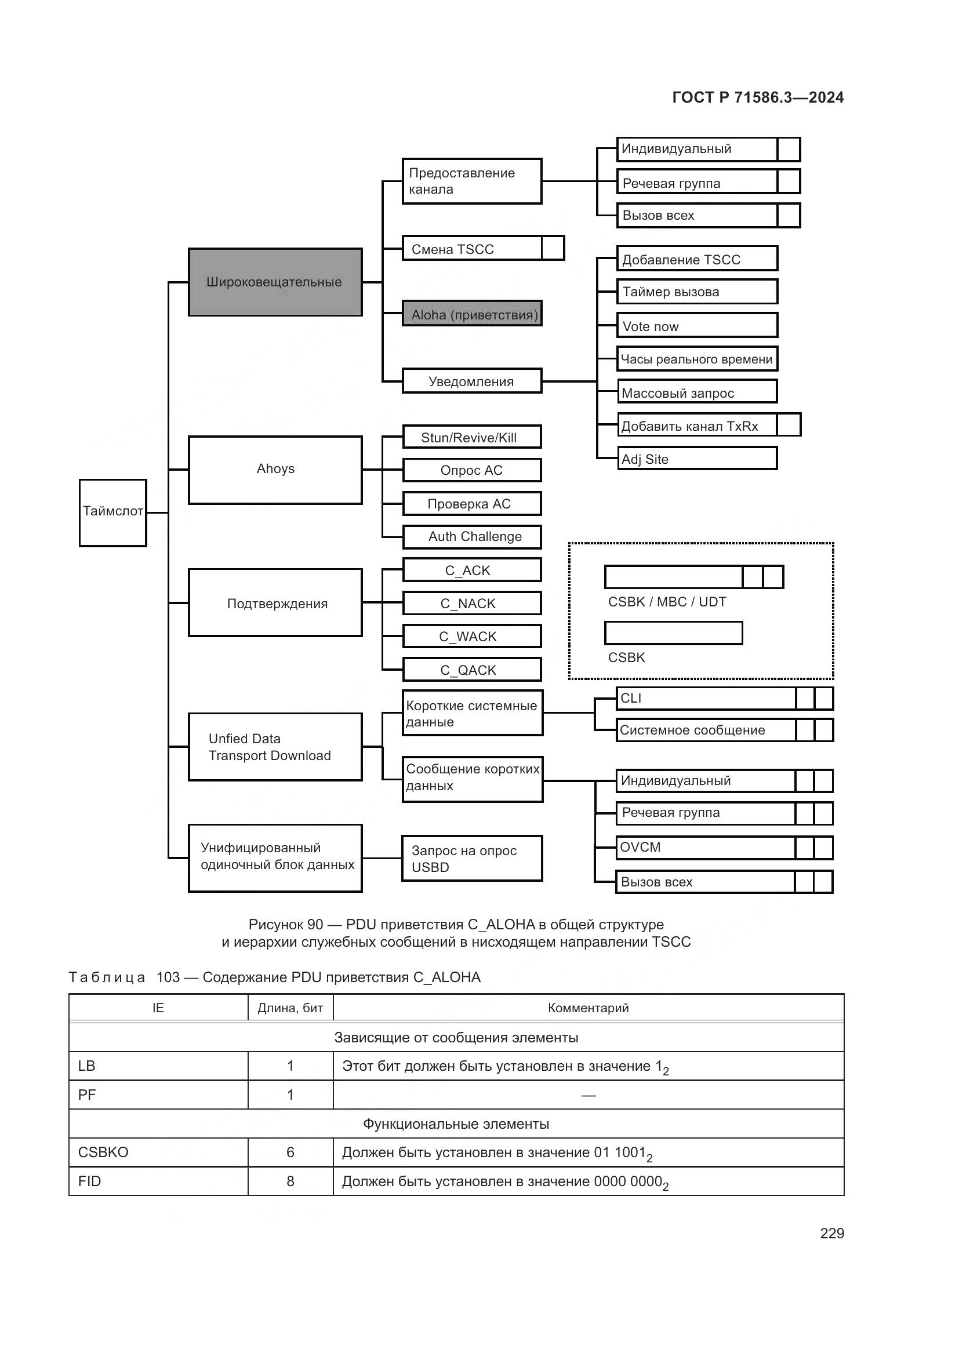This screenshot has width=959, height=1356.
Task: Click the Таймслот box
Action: (113, 512)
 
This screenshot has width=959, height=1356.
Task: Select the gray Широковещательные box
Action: (275, 282)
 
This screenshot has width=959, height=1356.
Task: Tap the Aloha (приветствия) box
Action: (472, 314)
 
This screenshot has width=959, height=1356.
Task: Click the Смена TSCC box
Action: (473, 248)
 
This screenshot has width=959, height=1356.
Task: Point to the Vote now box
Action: (697, 325)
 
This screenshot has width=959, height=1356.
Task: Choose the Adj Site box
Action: (697, 459)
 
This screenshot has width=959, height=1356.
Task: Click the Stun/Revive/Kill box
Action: (471, 437)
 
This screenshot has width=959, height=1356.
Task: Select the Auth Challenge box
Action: (471, 536)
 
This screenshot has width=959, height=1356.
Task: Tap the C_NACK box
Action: (471, 603)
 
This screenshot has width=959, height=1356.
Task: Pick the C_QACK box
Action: (471, 670)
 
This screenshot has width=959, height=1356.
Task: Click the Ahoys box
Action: (275, 470)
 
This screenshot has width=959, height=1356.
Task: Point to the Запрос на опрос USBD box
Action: (471, 858)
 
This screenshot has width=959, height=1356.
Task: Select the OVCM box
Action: (706, 848)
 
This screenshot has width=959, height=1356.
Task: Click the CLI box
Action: (706, 698)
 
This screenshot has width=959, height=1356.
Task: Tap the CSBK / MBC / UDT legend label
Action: (667, 602)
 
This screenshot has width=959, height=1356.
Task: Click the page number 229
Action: (831, 1233)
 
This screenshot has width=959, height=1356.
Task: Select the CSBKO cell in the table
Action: (158, 1153)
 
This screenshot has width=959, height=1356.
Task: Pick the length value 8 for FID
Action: (290, 1181)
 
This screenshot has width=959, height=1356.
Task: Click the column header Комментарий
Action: (587, 1008)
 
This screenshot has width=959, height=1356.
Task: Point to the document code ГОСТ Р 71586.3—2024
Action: (758, 97)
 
